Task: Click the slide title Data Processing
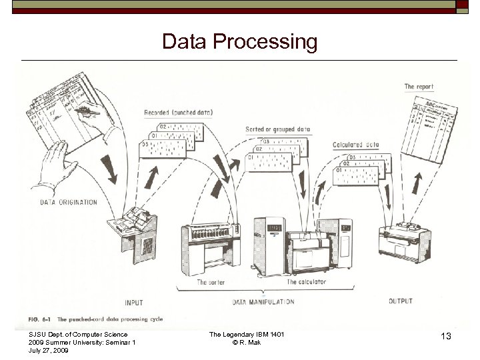[x=239, y=42]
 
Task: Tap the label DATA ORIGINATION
[x=69, y=202]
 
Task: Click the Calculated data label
[x=355, y=145]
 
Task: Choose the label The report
[x=419, y=87]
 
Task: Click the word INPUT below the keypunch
[x=133, y=303]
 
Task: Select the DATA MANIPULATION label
[x=263, y=302]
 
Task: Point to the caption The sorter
[x=212, y=283]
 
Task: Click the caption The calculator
[x=307, y=283]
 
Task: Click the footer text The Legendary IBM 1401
[x=247, y=334]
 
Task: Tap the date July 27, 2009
[x=49, y=350]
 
